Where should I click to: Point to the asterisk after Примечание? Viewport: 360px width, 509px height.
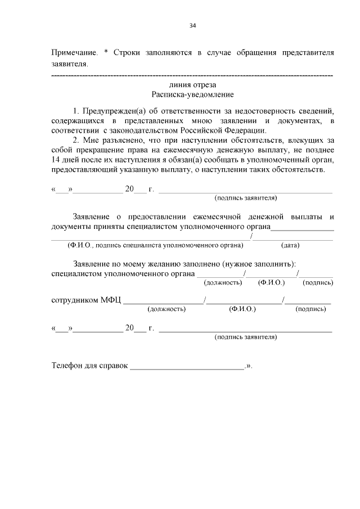click(x=106, y=52)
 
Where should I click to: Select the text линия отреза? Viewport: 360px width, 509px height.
click(x=192, y=84)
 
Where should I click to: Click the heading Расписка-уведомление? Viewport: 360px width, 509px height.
click(x=192, y=94)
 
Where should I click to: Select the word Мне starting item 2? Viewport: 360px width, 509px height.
click(x=91, y=141)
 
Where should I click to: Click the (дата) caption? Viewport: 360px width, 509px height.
click(x=290, y=245)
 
